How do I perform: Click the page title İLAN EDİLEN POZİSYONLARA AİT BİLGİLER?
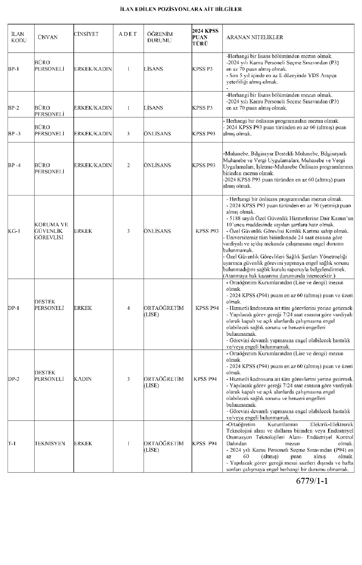click(181, 9)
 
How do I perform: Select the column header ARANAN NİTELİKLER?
click(254, 37)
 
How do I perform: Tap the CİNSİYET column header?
click(86, 34)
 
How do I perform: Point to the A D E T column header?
click(128, 34)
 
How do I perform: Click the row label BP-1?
click(13, 69)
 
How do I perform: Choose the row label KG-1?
click(14, 231)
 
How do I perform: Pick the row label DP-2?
click(14, 379)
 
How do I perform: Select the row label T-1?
click(12, 443)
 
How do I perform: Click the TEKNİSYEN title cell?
click(50, 443)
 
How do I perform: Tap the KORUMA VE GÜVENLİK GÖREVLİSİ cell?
click(51, 231)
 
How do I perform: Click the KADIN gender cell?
click(83, 379)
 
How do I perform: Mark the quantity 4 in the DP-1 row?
click(128, 308)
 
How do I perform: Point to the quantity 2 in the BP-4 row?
click(128, 165)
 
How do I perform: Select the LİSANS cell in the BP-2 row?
click(153, 108)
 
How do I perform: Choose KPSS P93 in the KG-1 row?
click(207, 231)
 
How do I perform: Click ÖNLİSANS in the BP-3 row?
click(157, 134)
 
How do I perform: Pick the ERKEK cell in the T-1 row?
click(83, 443)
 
